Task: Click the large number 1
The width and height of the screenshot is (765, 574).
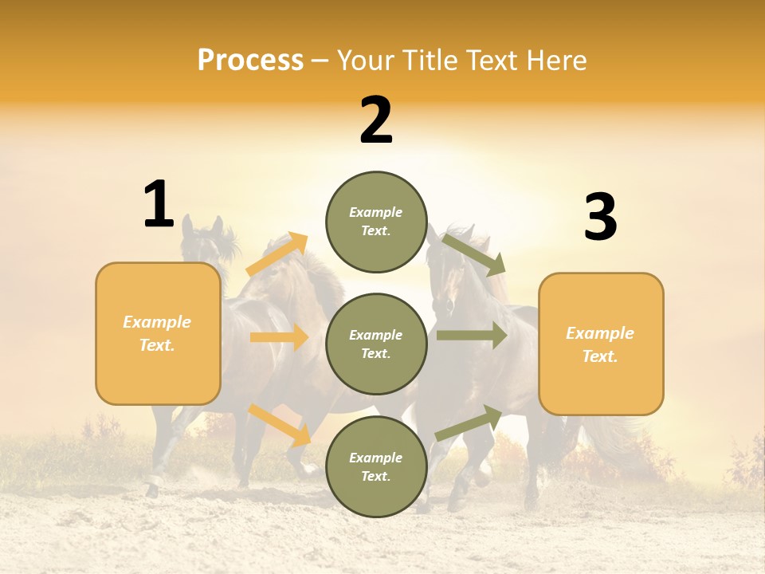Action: point(159,205)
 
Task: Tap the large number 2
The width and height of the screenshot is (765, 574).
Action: point(376,120)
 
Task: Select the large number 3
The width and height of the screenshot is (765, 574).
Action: point(600,218)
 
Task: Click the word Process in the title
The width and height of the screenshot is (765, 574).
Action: point(250,60)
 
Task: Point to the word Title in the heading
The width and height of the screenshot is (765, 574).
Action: point(430,60)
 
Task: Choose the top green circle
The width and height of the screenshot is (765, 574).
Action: point(376,222)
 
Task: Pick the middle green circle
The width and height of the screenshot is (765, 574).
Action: point(376,344)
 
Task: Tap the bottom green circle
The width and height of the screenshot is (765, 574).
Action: point(376,466)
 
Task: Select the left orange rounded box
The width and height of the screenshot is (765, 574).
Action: point(158,333)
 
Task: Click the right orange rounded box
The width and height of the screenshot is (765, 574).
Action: point(601,344)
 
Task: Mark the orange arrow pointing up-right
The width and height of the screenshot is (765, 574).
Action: point(278,254)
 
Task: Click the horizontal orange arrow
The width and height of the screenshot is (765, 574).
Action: point(279,337)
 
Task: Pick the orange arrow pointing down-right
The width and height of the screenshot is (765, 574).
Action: point(280,424)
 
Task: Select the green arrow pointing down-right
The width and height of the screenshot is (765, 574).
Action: point(474,254)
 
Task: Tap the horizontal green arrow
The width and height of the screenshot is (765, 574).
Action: point(472,336)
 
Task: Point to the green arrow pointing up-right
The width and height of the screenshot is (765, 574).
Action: point(469,423)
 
